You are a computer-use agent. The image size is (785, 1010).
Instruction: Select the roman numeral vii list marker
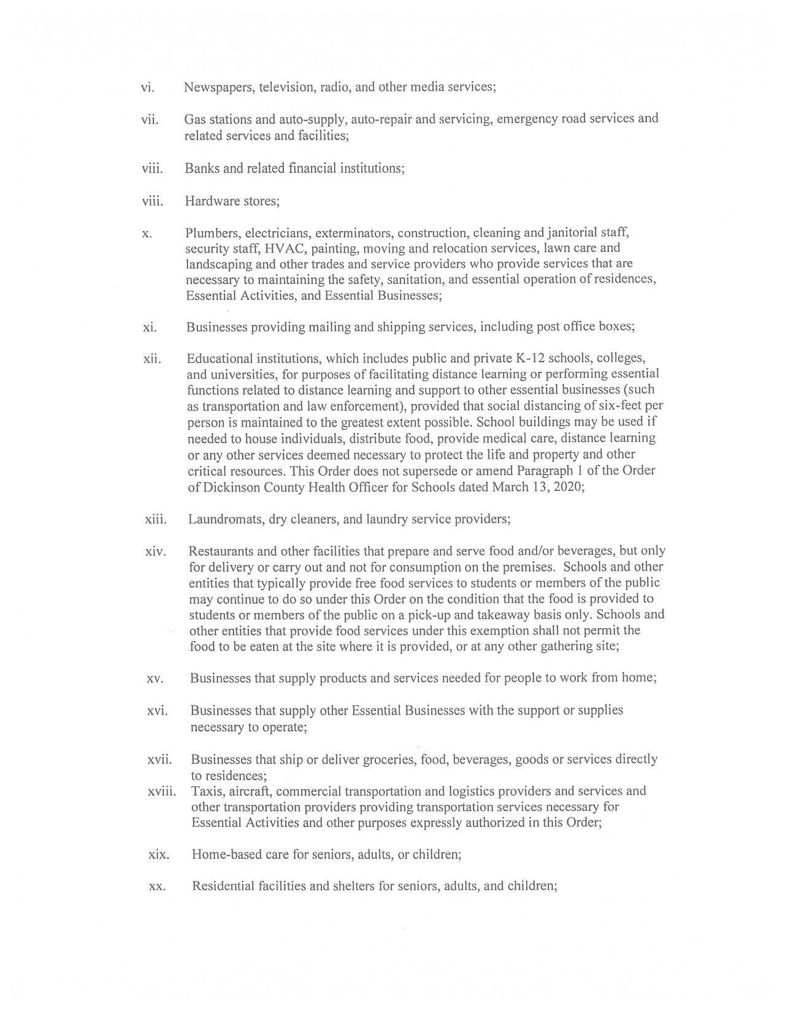point(150,120)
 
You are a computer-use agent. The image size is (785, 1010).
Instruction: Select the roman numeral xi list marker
point(150,327)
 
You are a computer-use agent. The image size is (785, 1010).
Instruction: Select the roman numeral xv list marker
point(155,678)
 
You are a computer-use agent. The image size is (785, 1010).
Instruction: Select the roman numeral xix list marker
point(158,854)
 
